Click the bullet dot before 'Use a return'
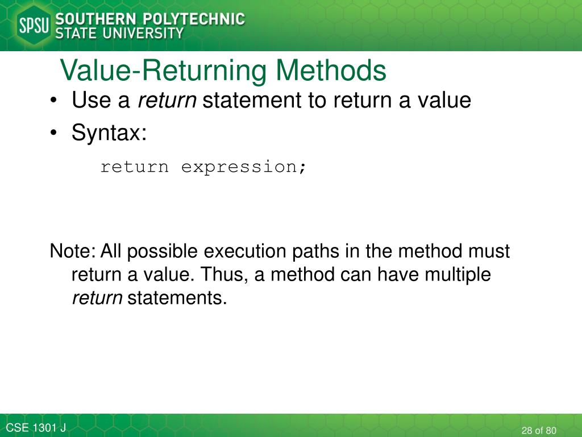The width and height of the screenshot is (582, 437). (53, 101)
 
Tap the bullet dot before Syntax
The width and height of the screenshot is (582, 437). (53, 134)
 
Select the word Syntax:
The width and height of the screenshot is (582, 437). (109, 134)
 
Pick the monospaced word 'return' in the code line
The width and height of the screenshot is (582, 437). (134, 167)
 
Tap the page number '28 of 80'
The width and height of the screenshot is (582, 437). (538, 430)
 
